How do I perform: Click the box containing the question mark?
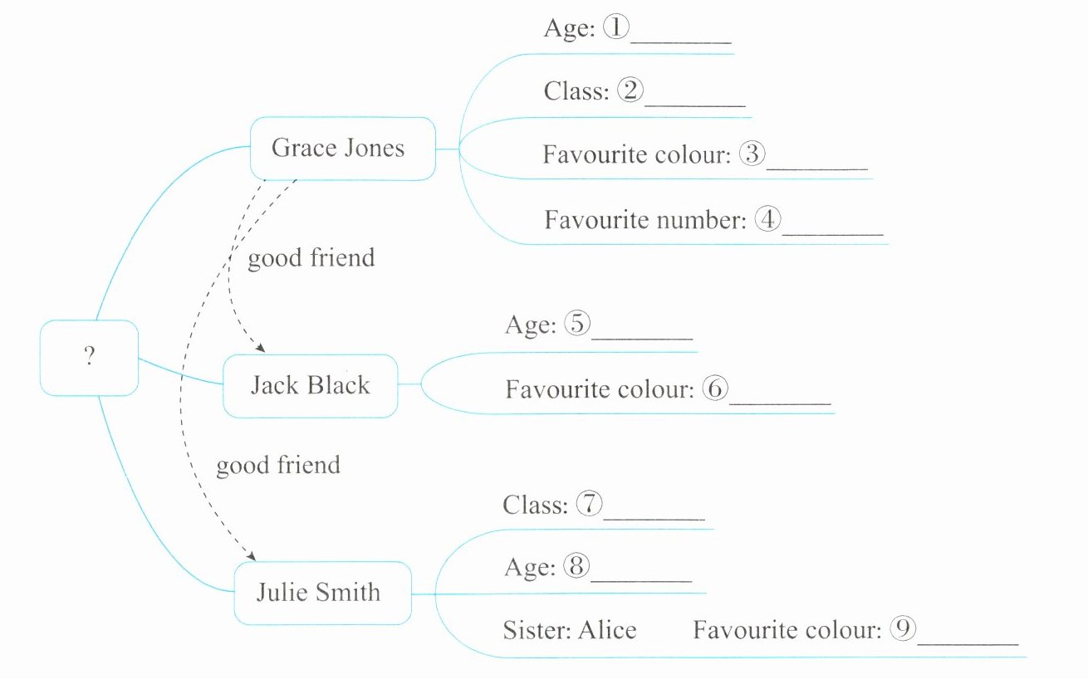[89, 357]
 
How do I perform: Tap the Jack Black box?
[310, 385]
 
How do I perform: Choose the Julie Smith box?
[322, 593]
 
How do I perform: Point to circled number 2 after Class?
[630, 90]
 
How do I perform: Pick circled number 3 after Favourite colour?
[752, 154]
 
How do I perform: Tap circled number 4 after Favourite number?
[768, 220]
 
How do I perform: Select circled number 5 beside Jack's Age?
[576, 324]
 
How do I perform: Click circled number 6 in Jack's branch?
[714, 388]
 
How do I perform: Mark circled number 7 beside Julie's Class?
[589, 504]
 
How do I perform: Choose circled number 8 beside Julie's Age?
[576, 567]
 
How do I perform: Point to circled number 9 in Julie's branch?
[903, 629]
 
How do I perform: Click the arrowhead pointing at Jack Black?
[260, 349]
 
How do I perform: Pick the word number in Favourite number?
[699, 220]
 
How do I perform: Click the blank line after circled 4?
[833, 233]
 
